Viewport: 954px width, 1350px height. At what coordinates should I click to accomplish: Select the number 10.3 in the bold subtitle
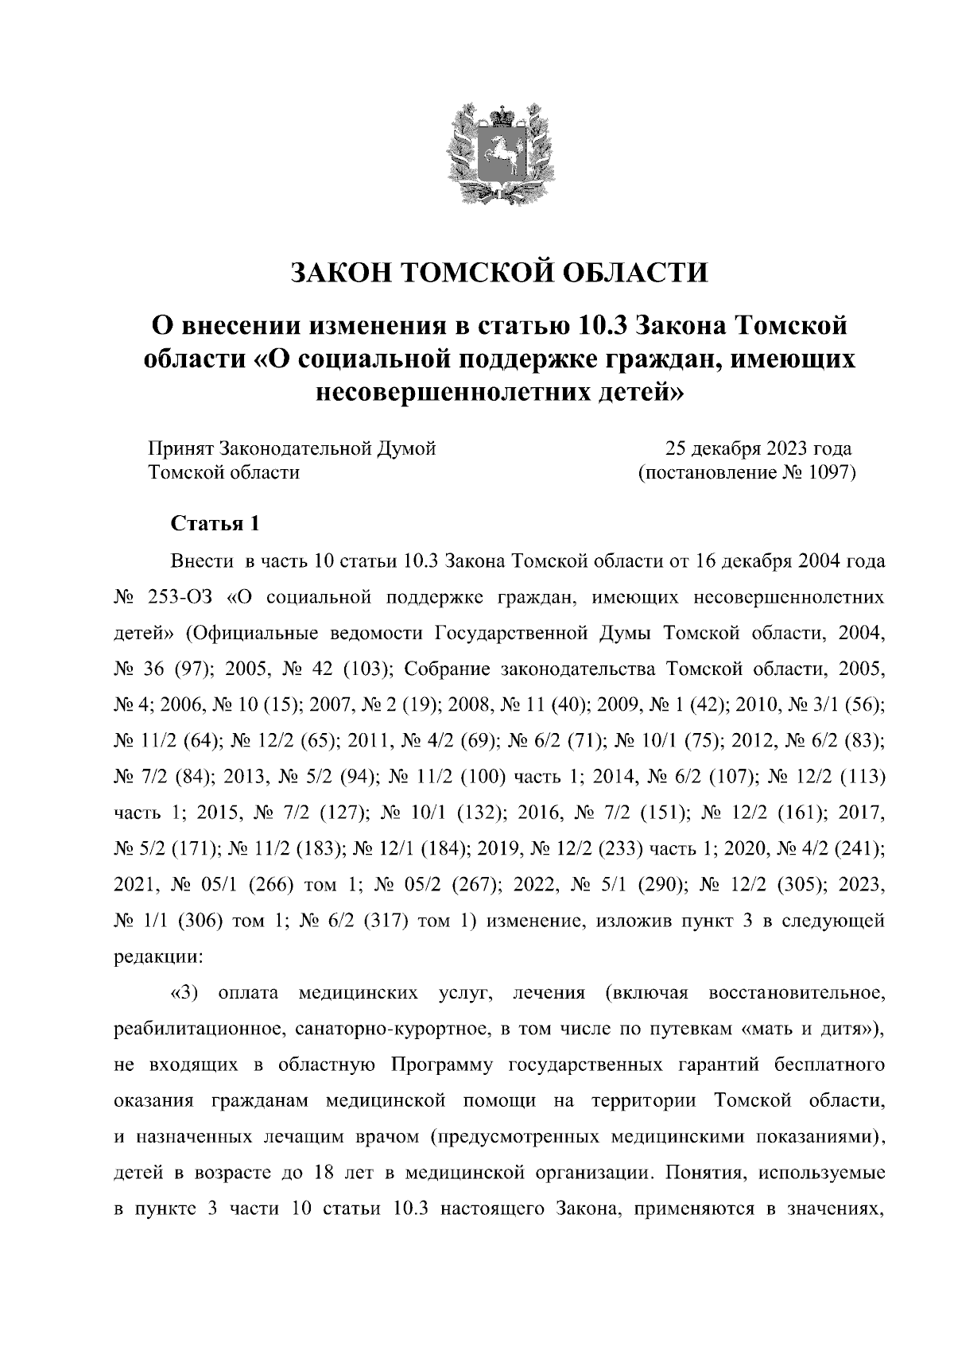click(603, 325)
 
